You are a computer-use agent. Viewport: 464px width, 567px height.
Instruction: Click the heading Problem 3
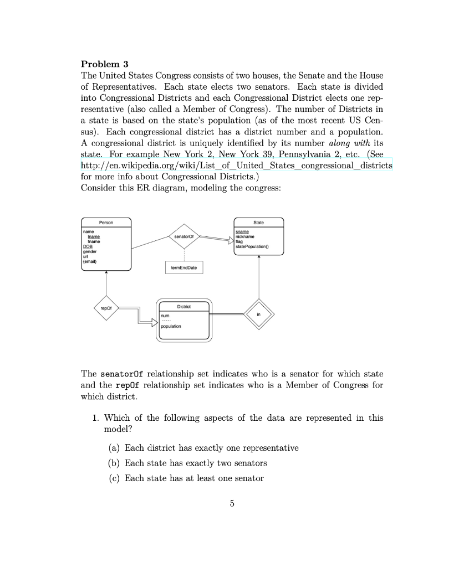coord(104,64)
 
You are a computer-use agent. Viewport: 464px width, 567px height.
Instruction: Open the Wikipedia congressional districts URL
coord(236,166)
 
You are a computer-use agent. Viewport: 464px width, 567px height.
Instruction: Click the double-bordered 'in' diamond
coord(258,314)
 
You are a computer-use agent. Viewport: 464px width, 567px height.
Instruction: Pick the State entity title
coord(259,221)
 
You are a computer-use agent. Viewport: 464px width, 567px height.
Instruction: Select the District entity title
coord(184,306)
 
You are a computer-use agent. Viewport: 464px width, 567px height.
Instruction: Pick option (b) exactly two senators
coord(195,462)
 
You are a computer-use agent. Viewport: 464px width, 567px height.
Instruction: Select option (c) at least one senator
coord(193,477)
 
